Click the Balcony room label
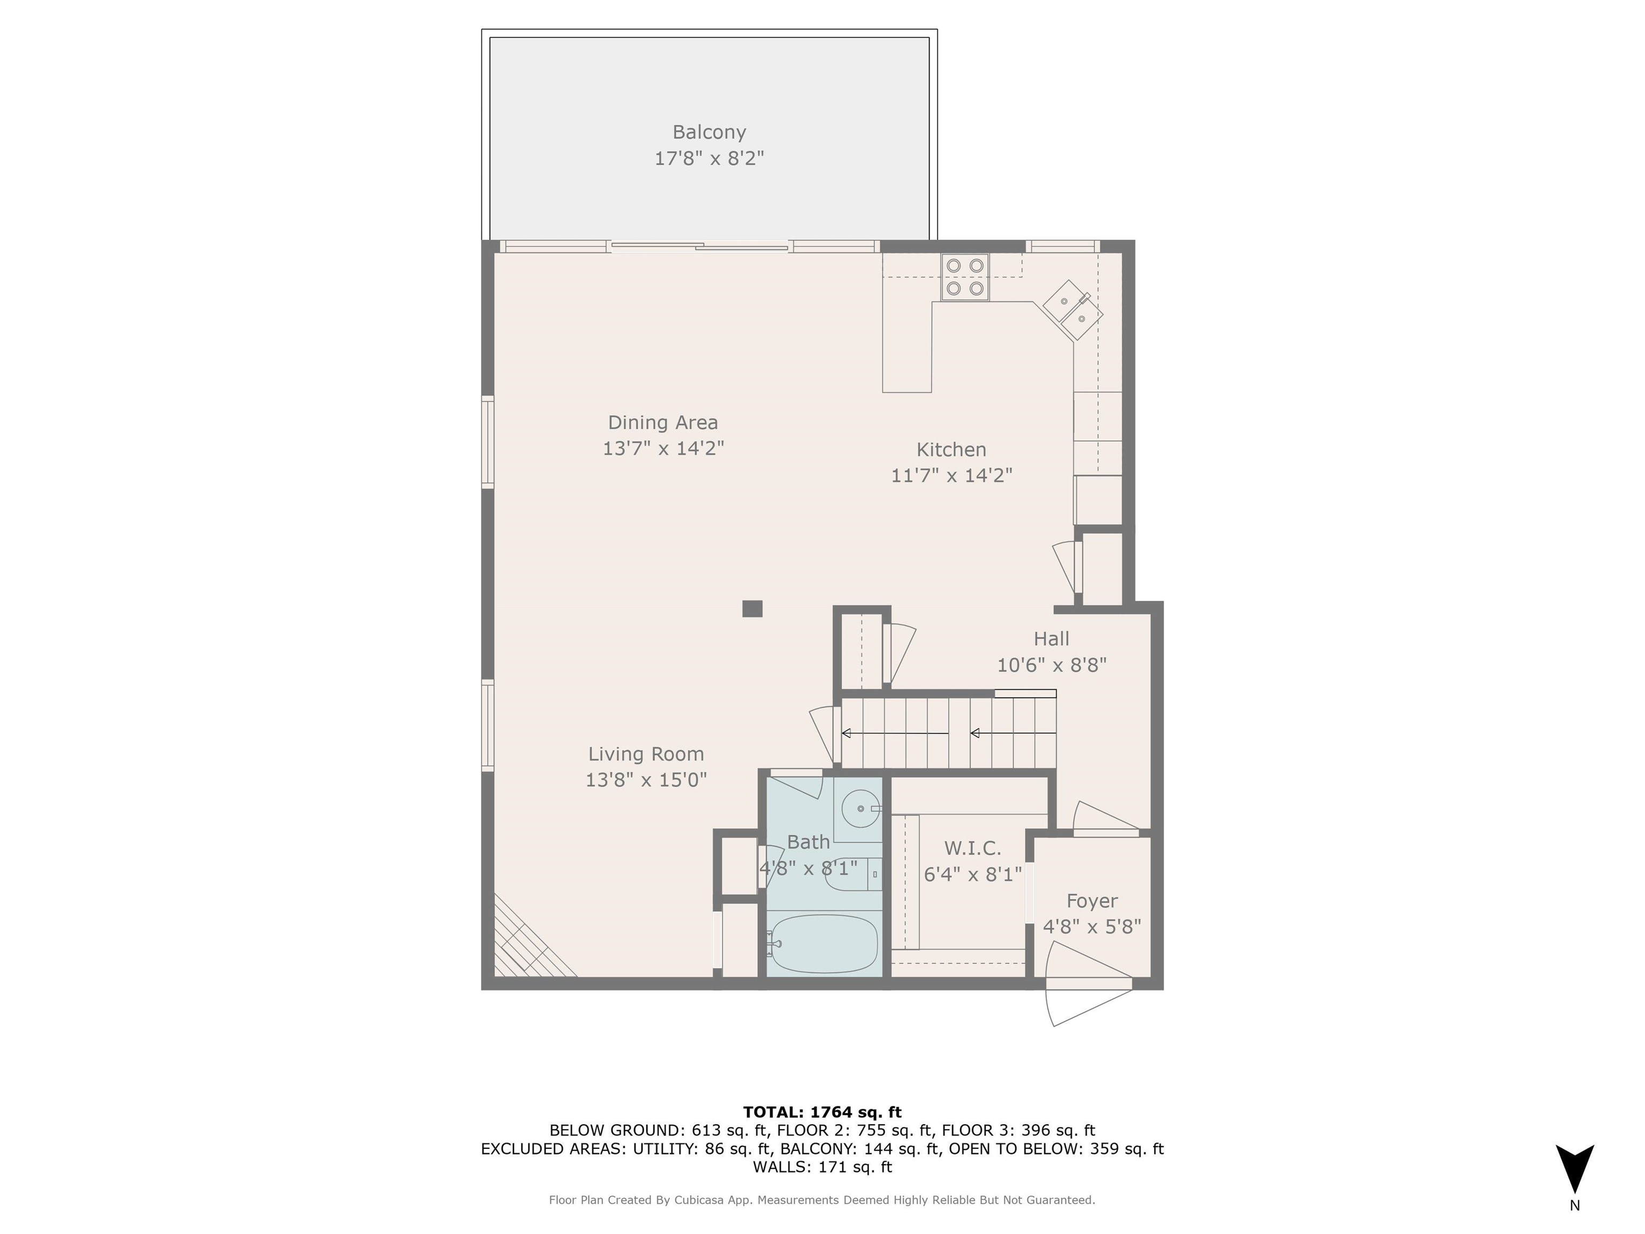point(709,132)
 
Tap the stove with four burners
point(964,277)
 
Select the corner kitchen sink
point(1073,310)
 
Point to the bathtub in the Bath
point(823,943)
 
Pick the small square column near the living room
point(752,608)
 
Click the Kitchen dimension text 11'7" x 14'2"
point(951,475)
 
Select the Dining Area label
point(662,423)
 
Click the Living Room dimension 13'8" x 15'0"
point(645,779)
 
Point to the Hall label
point(1051,638)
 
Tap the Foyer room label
point(1092,901)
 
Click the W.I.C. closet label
point(972,848)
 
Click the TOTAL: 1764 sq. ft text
point(822,1112)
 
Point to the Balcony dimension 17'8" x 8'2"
point(709,159)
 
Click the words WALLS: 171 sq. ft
point(822,1167)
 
